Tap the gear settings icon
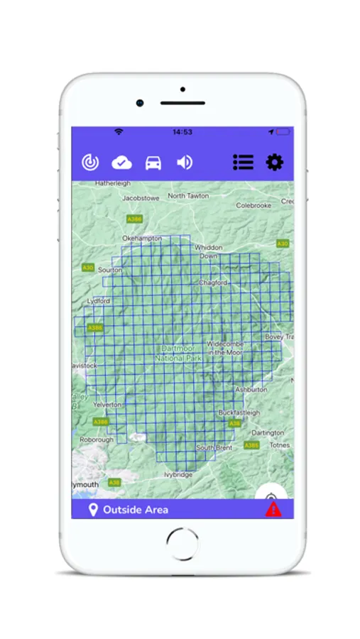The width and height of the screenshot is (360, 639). coord(274,163)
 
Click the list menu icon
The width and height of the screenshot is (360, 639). coord(243,163)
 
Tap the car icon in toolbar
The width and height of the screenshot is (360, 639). coord(153,163)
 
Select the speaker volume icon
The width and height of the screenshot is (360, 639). coord(185,163)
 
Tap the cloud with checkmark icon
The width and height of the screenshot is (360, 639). coord(122,163)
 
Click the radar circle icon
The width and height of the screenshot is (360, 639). coord(90,163)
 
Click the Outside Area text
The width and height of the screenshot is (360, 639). coord(136,510)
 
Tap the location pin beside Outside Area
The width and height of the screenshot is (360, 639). coord(92,510)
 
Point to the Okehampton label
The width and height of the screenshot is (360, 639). coord(142,239)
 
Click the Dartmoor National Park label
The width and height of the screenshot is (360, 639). coord(179,354)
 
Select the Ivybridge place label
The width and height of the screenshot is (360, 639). coord(178,474)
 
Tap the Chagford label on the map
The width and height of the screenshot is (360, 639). coord(213,283)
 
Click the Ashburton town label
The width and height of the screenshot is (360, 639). coord(251,390)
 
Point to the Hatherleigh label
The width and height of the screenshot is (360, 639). coord(112,183)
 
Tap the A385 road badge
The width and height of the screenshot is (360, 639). coord(251,445)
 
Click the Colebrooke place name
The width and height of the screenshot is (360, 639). coord(253,206)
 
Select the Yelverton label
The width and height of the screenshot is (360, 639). coord(109,404)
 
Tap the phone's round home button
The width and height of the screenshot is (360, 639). coord(182,543)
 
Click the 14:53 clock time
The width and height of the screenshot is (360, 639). coord(182,132)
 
